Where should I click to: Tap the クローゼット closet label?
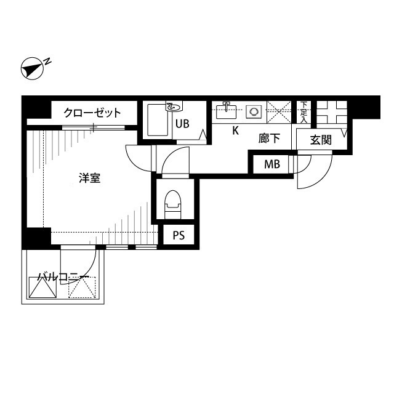pyautogui.click(x=92, y=113)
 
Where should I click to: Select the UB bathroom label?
pyautogui.click(x=182, y=123)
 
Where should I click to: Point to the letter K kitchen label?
pyautogui.click(x=235, y=131)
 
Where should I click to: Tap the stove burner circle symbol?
pyautogui.click(x=253, y=111)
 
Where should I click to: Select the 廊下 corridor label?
pyautogui.click(x=269, y=139)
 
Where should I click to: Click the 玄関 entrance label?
pyautogui.click(x=320, y=140)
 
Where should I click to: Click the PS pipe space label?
pyautogui.click(x=179, y=235)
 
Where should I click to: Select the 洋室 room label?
pyautogui.click(x=90, y=179)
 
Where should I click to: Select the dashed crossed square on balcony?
pyautogui.click(x=82, y=288)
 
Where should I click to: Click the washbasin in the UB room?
pyautogui.click(x=175, y=107)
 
